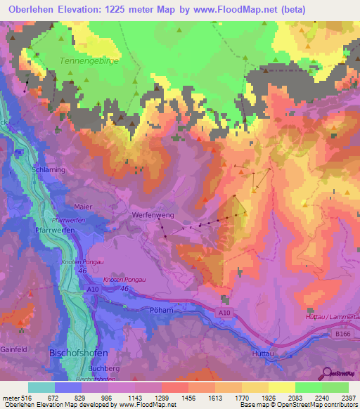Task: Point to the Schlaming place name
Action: tap(47, 170)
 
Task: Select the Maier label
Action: tap(83, 207)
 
